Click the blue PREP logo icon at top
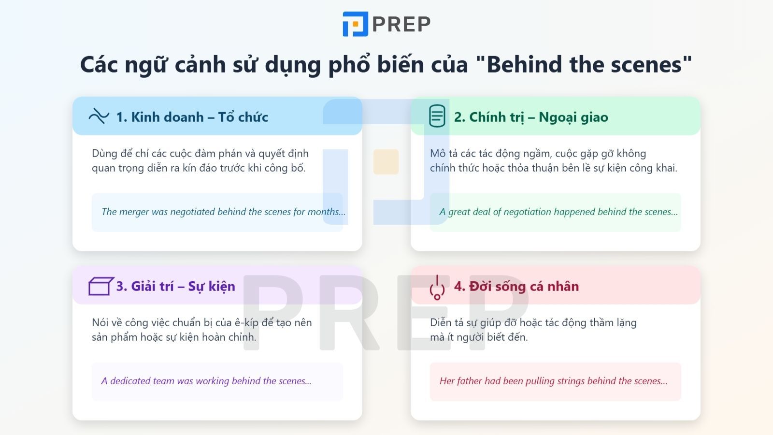pyautogui.click(x=355, y=24)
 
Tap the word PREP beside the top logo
pyautogui.click(x=401, y=24)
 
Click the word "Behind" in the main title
pyautogui.click(x=524, y=65)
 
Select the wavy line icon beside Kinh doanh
pyautogui.click(x=99, y=116)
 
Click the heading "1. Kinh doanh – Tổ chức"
pyautogui.click(x=192, y=117)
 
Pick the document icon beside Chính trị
pyautogui.click(x=437, y=116)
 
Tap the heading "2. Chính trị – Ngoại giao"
pyautogui.click(x=531, y=117)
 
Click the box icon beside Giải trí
pyautogui.click(x=101, y=286)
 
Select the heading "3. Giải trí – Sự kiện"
pyautogui.click(x=176, y=286)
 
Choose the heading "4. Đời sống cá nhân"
pyautogui.click(x=516, y=286)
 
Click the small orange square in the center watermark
pyautogui.click(x=386, y=161)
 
